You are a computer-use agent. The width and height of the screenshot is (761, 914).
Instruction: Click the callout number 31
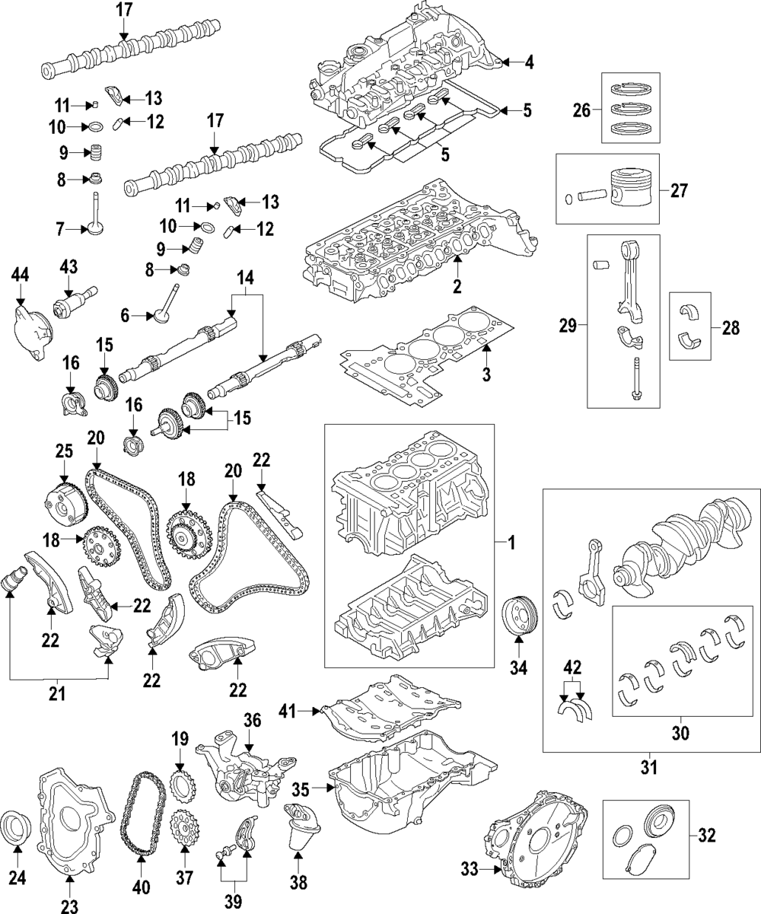click(x=648, y=769)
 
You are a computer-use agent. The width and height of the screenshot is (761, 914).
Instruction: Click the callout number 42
click(x=572, y=667)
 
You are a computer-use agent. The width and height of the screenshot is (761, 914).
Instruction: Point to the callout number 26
click(x=582, y=111)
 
